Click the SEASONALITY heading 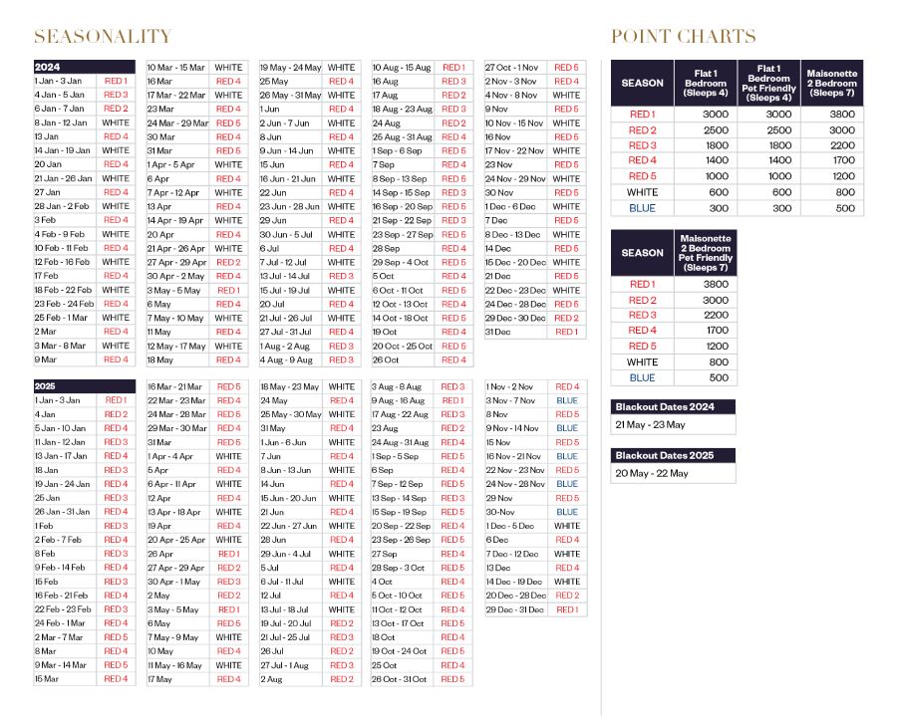(x=103, y=37)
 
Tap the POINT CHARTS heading (x=683, y=37)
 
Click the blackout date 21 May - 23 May (x=651, y=424)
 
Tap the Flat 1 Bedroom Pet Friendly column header (x=768, y=83)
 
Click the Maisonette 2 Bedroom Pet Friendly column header (x=706, y=253)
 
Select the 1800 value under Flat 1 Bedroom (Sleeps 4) (x=706, y=145)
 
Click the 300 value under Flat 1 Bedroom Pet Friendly (x=768, y=207)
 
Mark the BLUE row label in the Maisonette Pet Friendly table (x=643, y=377)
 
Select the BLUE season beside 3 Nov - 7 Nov (x=567, y=400)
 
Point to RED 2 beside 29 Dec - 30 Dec (x=567, y=318)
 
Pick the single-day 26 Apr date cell (x=160, y=554)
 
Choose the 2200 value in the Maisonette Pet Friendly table (x=706, y=315)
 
